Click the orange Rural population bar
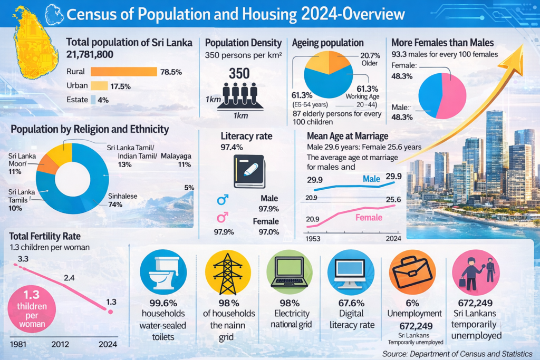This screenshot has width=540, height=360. coord(124,72)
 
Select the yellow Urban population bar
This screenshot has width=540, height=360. coord(100,86)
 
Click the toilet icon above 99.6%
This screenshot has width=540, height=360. coord(163,273)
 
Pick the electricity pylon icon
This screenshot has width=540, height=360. coord(228,273)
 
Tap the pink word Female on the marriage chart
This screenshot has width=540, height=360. coord(369,217)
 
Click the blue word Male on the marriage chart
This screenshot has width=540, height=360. coord(372,180)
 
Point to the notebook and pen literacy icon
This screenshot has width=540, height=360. coord(249,171)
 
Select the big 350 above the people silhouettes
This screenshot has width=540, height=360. coord(239,74)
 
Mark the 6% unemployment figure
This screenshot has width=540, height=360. coord(412,303)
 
